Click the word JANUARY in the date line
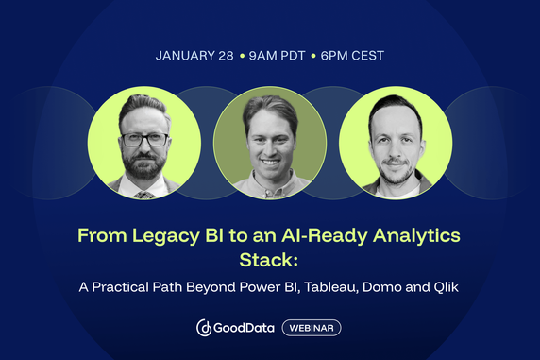[x=187, y=56]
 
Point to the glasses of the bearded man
[x=143, y=138]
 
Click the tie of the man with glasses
[x=143, y=194]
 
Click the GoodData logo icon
[x=205, y=328]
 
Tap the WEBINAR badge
[x=312, y=328]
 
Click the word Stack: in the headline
[x=269, y=257]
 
